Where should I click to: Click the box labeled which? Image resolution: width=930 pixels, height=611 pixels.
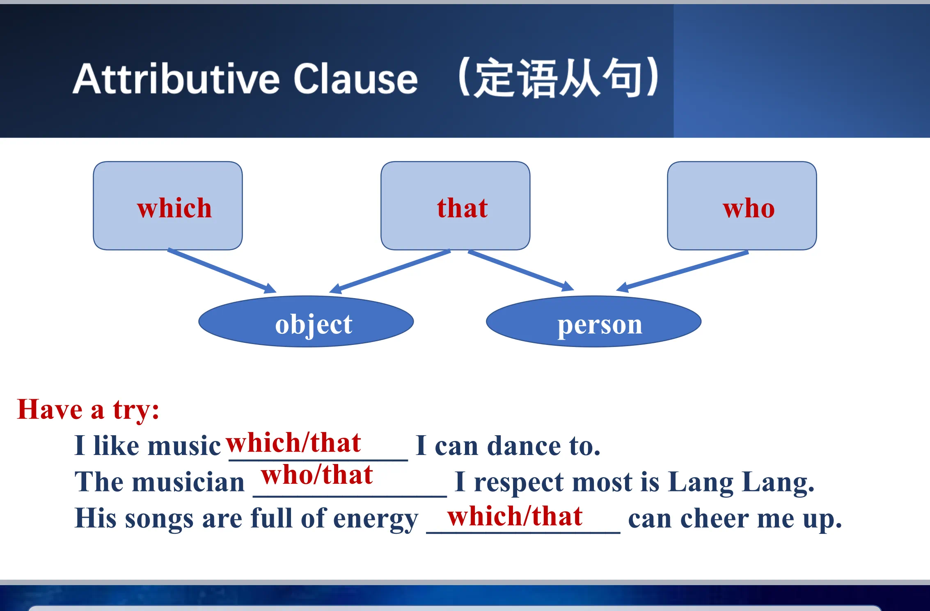pyautogui.click(x=167, y=206)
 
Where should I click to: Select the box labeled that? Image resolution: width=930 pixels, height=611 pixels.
pyautogui.click(x=455, y=206)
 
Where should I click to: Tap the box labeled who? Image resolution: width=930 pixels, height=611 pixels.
pyautogui.click(x=742, y=206)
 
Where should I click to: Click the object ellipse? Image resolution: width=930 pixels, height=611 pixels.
pyautogui.click(x=306, y=322)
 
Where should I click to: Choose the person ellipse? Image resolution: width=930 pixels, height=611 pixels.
pyautogui.click(x=593, y=322)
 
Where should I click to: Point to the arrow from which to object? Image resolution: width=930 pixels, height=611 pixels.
pyautogui.click(x=222, y=271)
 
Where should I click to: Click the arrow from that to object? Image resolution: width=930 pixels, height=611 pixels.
pyautogui.click(x=390, y=272)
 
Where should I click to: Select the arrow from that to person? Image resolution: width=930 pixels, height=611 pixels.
pyautogui.click(x=521, y=271)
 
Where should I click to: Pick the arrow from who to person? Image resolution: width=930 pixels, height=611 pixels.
pyautogui.click(x=682, y=272)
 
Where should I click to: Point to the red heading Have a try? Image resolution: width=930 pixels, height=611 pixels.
pyautogui.click(x=88, y=410)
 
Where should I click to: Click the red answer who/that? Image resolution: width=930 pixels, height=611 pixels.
pyautogui.click(x=317, y=475)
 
